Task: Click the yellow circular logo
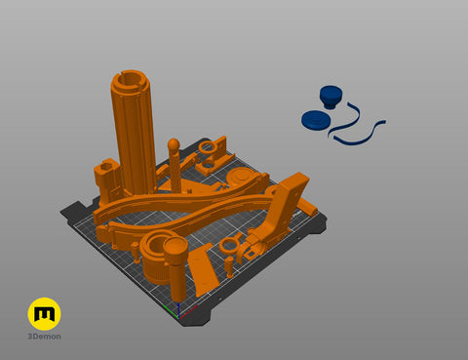click(44, 313)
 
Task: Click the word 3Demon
click(44, 337)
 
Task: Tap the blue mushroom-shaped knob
click(331, 96)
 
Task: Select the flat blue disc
click(316, 119)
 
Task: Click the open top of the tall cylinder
click(131, 80)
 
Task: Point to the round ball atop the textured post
click(174, 144)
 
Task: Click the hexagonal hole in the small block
click(106, 167)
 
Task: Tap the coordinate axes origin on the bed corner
click(178, 316)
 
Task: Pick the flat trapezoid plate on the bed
click(203, 269)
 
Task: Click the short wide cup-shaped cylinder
click(156, 257)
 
